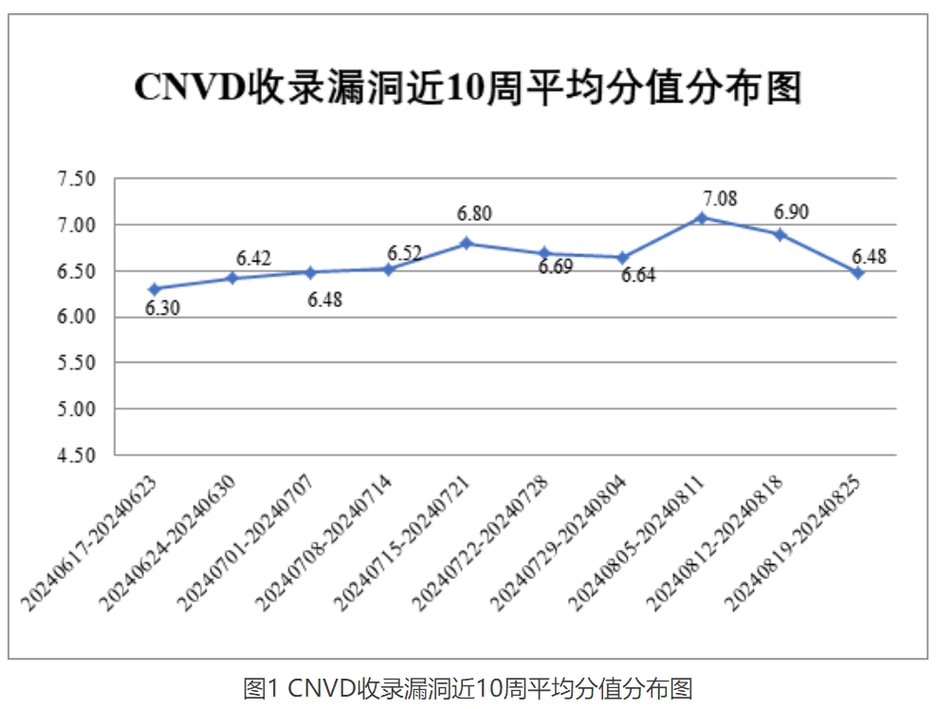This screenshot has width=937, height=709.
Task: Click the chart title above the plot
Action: [x=468, y=87]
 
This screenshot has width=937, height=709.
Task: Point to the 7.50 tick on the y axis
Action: [x=78, y=179]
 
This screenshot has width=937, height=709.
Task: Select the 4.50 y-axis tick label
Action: [x=78, y=455]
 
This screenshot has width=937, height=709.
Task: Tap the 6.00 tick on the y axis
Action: [x=78, y=318]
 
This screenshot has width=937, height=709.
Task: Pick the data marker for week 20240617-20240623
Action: [x=153, y=289]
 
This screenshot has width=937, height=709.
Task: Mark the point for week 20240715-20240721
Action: [x=467, y=244]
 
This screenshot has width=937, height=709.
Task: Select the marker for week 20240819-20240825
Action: [x=858, y=272]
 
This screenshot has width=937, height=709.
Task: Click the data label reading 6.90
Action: [x=791, y=212]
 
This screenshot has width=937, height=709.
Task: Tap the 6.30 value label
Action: [x=162, y=309]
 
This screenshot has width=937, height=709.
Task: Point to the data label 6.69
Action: [x=556, y=267]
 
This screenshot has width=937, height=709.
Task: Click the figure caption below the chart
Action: [x=468, y=688]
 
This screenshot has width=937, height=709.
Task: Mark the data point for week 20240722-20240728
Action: [x=544, y=253]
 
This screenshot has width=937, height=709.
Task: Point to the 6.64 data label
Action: [x=638, y=277]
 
